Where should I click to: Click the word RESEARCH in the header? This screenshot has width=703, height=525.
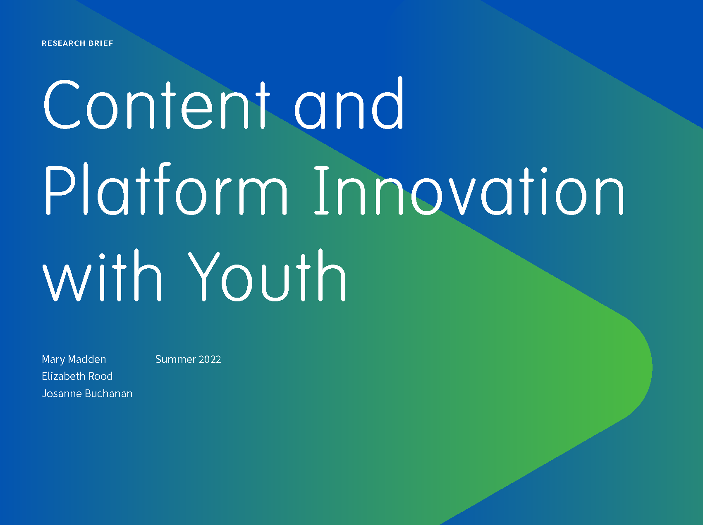point(64,43)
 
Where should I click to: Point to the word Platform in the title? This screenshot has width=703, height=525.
point(166,189)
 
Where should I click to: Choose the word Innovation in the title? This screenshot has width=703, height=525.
point(469,191)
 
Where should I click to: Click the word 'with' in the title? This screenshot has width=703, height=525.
point(102,275)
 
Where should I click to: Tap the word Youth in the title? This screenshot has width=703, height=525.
point(267,275)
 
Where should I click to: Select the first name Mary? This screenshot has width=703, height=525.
point(53,360)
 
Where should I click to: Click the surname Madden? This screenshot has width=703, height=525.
point(87,359)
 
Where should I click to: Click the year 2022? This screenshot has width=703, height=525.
point(210,359)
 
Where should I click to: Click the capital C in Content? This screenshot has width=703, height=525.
point(62,104)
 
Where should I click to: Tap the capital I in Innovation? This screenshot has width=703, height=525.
point(322,191)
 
